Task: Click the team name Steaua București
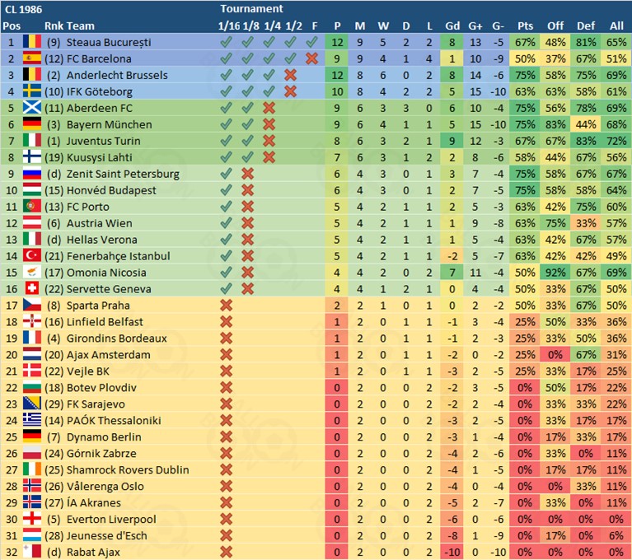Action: [x=109, y=42]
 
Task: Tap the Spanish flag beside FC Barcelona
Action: [x=32, y=58]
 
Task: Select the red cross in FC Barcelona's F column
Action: [x=311, y=58]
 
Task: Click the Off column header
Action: [x=555, y=26]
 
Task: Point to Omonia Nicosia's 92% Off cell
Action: [x=555, y=273]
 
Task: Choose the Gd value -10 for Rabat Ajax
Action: [x=452, y=552]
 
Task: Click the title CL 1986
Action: [x=23, y=9]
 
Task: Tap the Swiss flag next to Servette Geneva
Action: [x=32, y=288]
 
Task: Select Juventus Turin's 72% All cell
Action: [x=616, y=141]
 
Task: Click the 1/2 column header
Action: [x=294, y=26]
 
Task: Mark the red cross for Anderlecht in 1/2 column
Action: [x=290, y=75]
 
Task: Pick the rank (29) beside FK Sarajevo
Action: [x=54, y=404]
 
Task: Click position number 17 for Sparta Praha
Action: [x=12, y=306]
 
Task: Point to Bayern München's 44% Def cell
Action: [x=586, y=124]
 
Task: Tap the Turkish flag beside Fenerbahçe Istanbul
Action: [x=32, y=256]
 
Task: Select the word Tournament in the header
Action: [x=251, y=8]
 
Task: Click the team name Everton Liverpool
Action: [x=111, y=520]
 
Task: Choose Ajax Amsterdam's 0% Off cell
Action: [x=555, y=355]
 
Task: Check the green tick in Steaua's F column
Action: [x=311, y=42]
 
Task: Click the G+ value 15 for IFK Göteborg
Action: [x=475, y=91]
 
